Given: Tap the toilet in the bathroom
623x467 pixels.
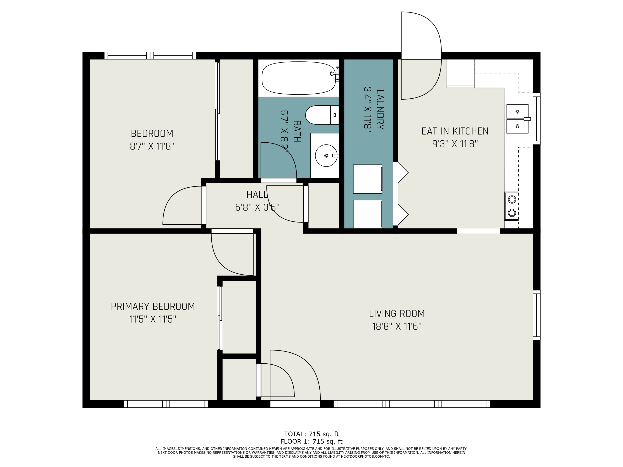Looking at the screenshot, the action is [x=322, y=115].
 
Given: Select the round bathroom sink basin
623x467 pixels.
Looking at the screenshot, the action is [x=326, y=155].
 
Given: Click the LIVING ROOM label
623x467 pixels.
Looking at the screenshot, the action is [x=397, y=313].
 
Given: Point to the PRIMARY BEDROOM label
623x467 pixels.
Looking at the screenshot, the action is [x=153, y=306].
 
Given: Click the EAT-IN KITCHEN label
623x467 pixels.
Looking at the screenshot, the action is [x=455, y=131].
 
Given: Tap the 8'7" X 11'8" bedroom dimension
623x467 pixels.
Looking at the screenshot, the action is [x=152, y=146].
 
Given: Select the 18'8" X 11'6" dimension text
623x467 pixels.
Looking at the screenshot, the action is [x=397, y=326].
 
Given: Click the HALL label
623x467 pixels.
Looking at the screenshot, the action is [x=257, y=194].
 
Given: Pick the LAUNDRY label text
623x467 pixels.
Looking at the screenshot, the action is [x=380, y=110].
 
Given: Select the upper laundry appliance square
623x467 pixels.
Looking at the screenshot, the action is [x=368, y=179].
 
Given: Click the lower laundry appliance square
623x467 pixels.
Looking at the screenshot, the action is [x=368, y=214].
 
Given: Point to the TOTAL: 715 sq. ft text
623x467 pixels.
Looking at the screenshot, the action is [x=311, y=434].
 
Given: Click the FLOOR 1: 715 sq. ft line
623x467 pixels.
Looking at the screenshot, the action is [x=311, y=441].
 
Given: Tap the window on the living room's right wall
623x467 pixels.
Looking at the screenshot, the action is [x=537, y=315].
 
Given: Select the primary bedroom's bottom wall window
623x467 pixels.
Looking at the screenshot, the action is [x=166, y=404].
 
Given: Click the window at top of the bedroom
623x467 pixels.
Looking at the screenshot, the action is [x=150, y=55].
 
